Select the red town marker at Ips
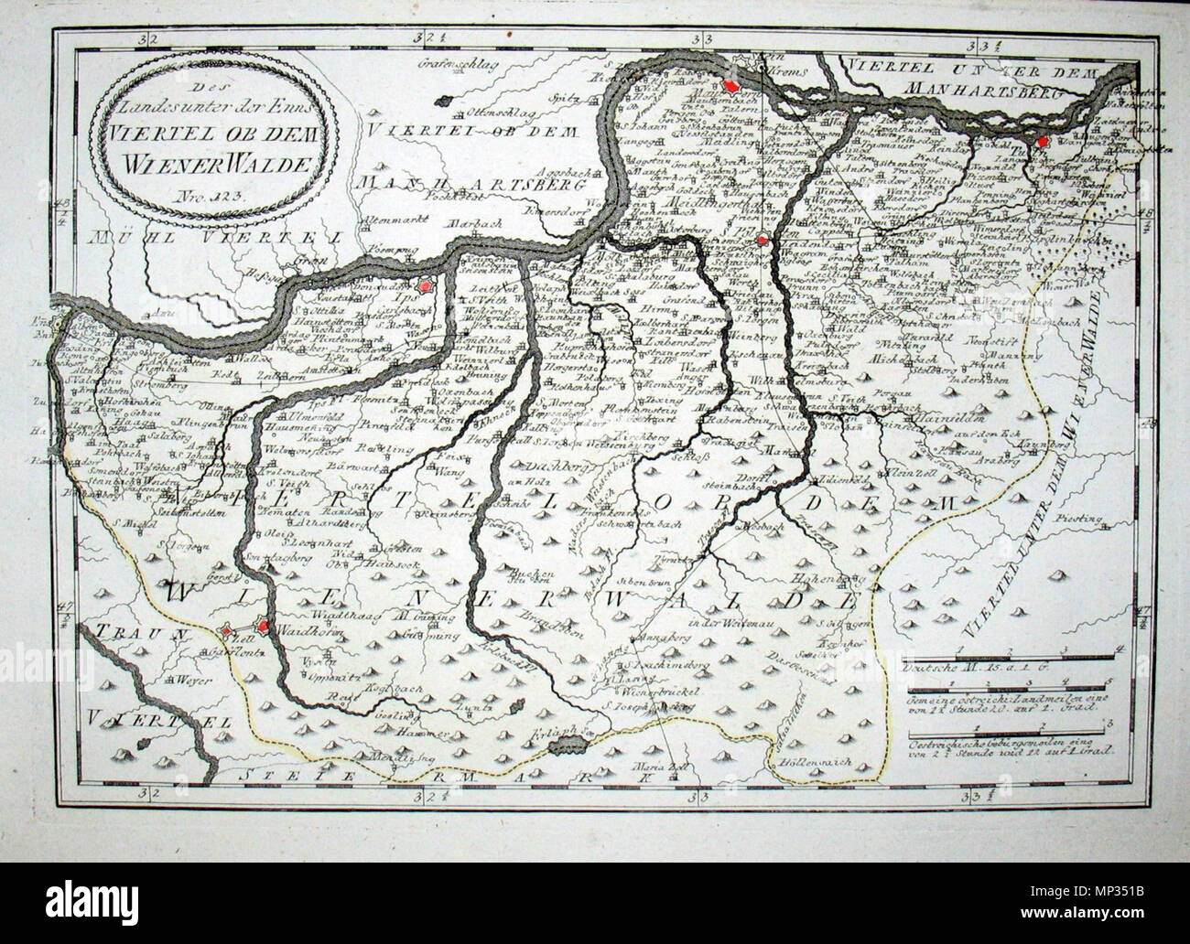point(423,286)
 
